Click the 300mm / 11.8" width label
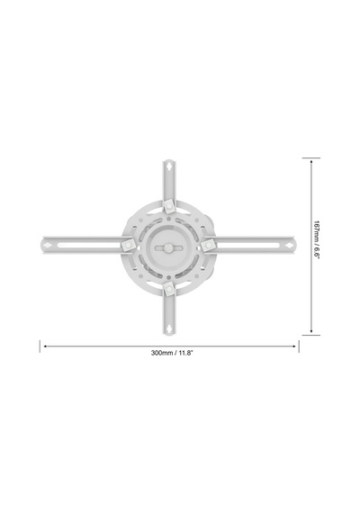pyautogui.click(x=172, y=353)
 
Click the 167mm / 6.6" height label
pyautogui.click(x=316, y=239)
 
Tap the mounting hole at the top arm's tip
pyautogui.click(x=169, y=166)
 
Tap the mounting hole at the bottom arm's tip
pyautogui.click(x=169, y=328)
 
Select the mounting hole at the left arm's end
pyautogui.click(x=47, y=246)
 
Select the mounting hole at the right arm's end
pyautogui.click(x=289, y=246)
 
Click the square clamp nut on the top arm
pyautogui.click(x=169, y=205)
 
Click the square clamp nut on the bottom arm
pyautogui.click(x=169, y=289)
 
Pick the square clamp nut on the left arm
pyautogui.click(x=127, y=245)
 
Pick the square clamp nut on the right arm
pyautogui.click(x=208, y=245)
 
